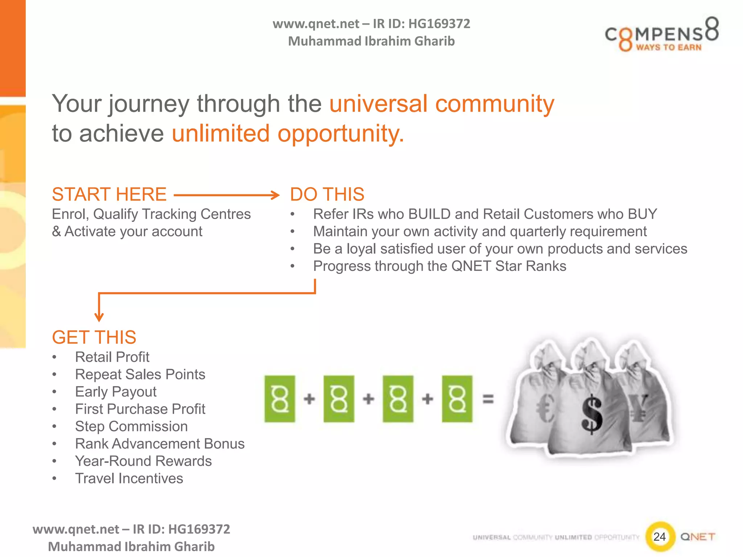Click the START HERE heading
coord(109,194)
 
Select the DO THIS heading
coord(327,194)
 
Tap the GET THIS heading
coord(94,337)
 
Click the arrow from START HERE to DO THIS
coord(227,195)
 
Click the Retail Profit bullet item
coord(112,357)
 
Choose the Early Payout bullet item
coord(116,392)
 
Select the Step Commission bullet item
coord(131,426)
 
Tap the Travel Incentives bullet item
coord(129,479)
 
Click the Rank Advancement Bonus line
coord(160,444)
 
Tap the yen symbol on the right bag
coord(639,408)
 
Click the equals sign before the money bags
coord(488,399)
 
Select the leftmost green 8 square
coord(280,399)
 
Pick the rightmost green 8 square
coord(457,399)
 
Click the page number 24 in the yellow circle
coord(660,537)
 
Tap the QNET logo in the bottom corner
coord(697,537)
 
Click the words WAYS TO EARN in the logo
coord(669,48)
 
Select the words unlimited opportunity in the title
coord(288,133)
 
